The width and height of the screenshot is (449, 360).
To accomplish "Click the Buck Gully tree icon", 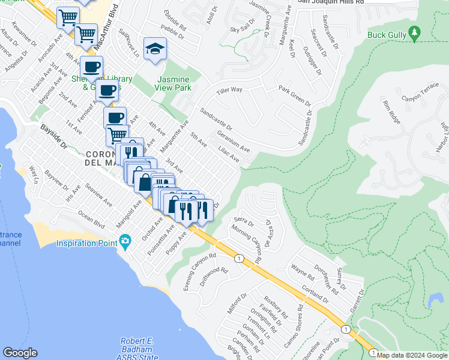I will click(x=413, y=33).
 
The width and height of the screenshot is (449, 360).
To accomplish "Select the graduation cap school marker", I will click(x=155, y=49).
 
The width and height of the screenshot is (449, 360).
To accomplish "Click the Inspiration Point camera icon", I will click(x=125, y=243).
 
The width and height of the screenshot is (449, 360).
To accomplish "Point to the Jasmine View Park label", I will click(x=173, y=83).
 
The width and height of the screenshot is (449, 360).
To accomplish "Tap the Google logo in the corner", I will click(x=20, y=353).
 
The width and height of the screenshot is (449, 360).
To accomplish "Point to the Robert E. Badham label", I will click(x=137, y=341).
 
